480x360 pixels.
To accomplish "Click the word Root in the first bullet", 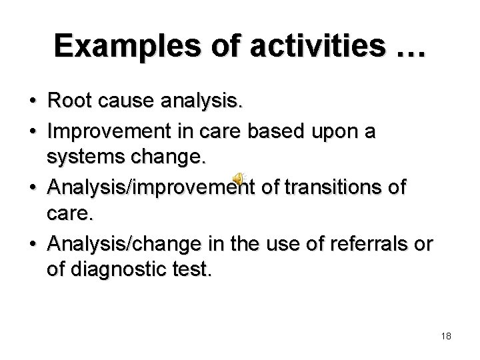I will tap(68, 102).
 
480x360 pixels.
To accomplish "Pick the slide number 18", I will tap(446, 336).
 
